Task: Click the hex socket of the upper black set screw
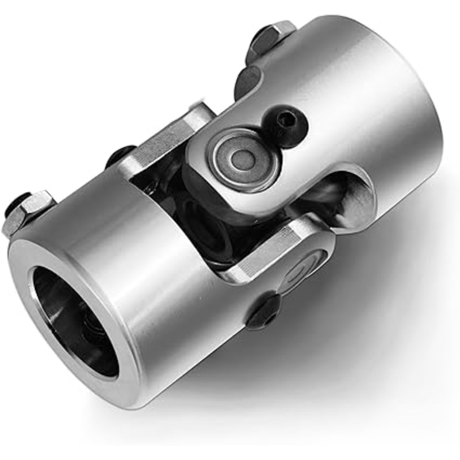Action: point(286,121)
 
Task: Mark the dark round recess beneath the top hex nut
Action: point(247,80)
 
